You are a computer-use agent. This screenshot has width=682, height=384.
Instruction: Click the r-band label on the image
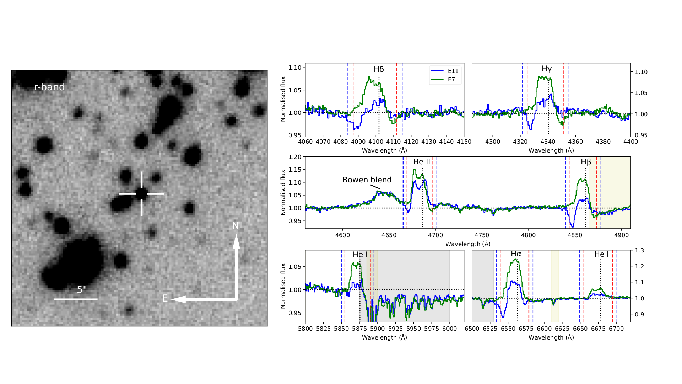point(49,87)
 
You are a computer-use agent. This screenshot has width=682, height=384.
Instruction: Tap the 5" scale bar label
point(82,290)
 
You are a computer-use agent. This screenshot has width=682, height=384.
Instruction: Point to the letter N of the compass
point(236,226)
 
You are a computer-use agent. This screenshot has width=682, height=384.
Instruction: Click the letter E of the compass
point(165,298)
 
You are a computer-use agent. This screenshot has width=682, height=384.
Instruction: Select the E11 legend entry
point(453,71)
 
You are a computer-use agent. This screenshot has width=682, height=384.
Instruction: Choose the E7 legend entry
point(451,79)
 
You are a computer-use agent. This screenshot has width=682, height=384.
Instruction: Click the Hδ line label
point(379,69)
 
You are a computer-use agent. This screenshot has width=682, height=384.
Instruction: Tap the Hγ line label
point(547,69)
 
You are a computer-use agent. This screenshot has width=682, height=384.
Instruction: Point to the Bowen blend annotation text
point(367,180)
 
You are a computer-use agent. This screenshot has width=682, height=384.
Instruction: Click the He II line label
point(421,162)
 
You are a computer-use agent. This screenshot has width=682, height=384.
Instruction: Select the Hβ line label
point(586,162)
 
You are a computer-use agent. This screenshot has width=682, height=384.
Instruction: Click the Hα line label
point(516,254)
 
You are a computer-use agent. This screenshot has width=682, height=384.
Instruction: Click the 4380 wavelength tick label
point(603,142)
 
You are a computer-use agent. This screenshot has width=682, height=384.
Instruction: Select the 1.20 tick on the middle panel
point(295,157)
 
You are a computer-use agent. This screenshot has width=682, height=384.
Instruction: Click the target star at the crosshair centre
point(141,194)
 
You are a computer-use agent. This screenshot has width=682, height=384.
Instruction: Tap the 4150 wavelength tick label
point(464,142)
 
